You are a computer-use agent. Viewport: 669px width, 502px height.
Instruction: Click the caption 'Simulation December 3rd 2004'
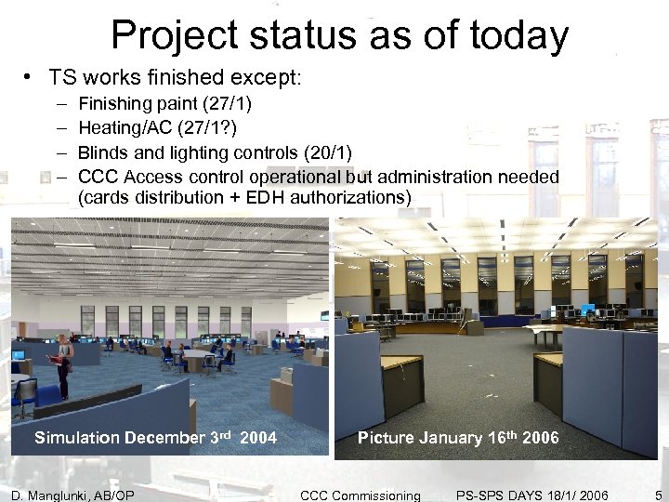click(x=155, y=438)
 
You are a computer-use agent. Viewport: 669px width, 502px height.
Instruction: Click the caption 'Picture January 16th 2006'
click(x=458, y=438)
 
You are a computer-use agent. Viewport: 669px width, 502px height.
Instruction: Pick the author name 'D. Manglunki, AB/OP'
click(x=72, y=495)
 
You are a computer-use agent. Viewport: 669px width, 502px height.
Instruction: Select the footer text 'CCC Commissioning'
click(x=361, y=495)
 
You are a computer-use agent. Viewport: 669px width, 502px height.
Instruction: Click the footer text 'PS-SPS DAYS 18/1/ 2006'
click(x=532, y=495)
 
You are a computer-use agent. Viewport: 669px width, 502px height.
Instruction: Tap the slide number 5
click(x=658, y=495)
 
